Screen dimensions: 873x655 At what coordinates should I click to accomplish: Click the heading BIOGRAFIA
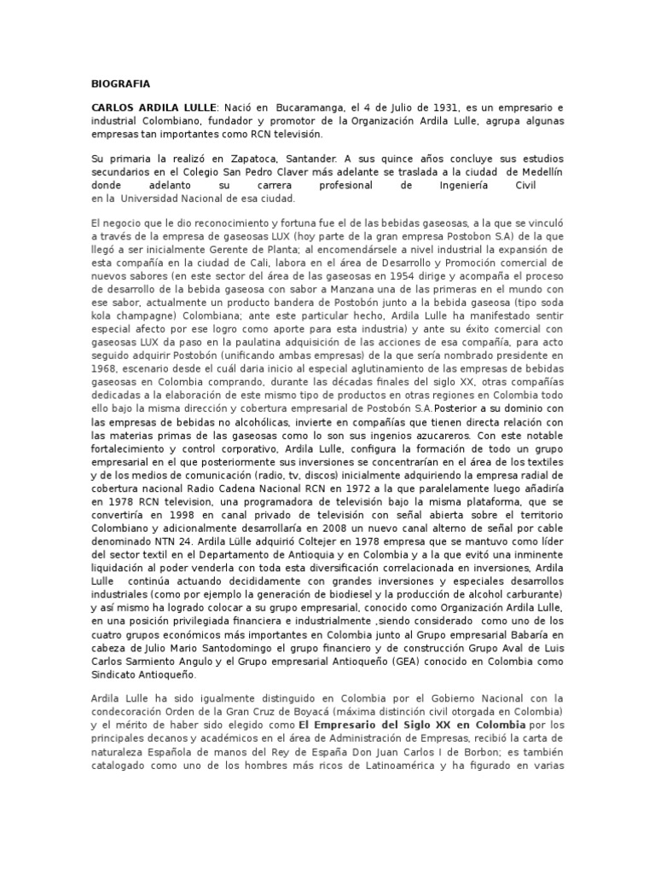point(120,84)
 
